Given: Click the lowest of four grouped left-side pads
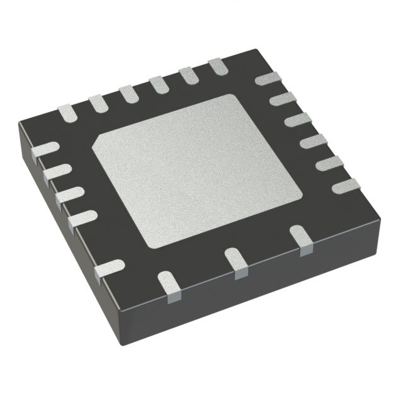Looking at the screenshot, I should pyautogui.click(x=80, y=217).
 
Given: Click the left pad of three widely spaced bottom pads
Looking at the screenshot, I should pyautogui.click(x=168, y=281).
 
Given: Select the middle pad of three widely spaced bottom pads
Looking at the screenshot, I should pyautogui.click(x=238, y=261).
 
